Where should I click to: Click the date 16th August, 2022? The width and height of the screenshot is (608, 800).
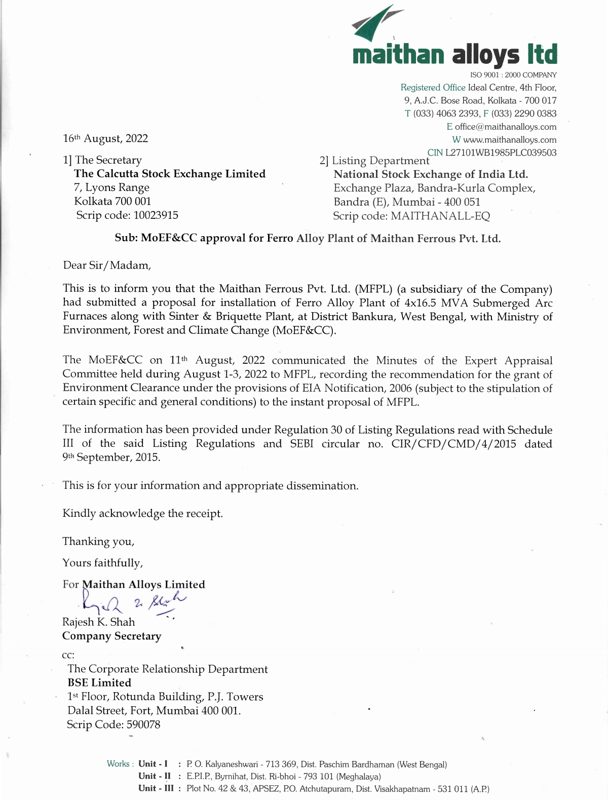point(105,139)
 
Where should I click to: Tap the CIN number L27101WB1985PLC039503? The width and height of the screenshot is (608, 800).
point(501,153)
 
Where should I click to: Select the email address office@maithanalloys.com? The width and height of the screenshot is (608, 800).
point(505,127)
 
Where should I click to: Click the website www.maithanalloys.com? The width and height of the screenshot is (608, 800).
point(509,140)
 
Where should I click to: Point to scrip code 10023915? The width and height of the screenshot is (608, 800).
point(156,215)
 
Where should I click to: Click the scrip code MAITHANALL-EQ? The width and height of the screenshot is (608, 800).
point(440,216)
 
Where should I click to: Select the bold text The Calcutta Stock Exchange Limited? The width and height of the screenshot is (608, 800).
point(170,174)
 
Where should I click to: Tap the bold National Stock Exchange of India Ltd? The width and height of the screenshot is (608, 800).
point(431,174)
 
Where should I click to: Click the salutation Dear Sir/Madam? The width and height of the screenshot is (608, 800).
point(107,265)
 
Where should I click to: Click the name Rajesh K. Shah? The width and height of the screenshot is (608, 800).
point(99,622)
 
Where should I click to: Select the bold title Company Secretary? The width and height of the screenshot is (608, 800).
point(111,636)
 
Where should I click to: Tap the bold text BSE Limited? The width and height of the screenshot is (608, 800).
point(99,683)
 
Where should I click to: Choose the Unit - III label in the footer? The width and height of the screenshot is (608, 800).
point(156,788)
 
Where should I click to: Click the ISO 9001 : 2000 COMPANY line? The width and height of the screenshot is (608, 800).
point(513,75)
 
